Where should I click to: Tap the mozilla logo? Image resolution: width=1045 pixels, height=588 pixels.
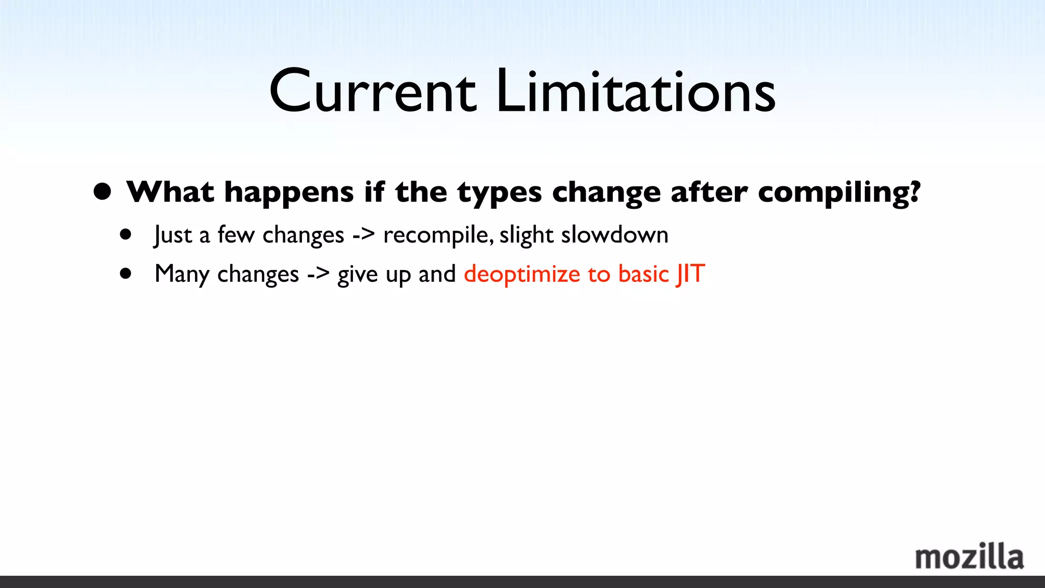(969, 556)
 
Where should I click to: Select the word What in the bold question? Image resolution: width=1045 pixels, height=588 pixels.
(170, 192)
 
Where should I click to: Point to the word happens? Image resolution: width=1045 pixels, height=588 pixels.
(289, 193)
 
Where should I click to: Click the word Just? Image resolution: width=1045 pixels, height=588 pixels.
(173, 235)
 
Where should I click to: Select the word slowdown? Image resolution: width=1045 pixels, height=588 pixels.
(614, 235)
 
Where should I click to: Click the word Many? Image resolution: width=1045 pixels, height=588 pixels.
(182, 275)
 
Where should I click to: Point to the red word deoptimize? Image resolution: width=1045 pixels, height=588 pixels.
(522, 275)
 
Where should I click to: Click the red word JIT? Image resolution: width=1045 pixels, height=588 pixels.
(691, 274)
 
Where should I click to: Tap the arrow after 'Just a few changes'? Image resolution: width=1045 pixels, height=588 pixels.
(363, 235)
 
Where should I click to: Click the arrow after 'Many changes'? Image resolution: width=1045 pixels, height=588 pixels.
(318, 275)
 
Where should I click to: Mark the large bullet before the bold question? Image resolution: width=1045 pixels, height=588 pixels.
(103, 191)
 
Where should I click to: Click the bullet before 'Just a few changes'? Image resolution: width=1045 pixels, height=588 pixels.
(126, 235)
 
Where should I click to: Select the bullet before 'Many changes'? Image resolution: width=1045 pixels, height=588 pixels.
(126, 274)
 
